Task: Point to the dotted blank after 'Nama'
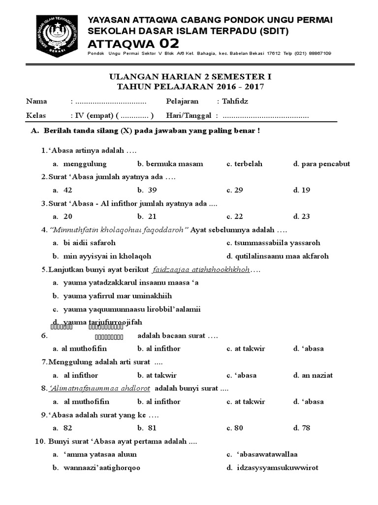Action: coord(111,102)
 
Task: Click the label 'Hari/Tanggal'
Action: coord(189,115)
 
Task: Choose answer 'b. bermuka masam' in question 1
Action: coord(170,164)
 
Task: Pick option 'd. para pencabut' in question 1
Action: coord(321,164)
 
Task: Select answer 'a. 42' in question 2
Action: coord(63,190)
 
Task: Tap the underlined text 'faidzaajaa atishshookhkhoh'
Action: coord(201,270)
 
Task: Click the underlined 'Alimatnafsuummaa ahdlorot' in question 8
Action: coord(100,388)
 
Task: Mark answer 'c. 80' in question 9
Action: coord(235,428)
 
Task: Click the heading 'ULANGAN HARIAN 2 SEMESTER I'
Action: coord(189,77)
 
